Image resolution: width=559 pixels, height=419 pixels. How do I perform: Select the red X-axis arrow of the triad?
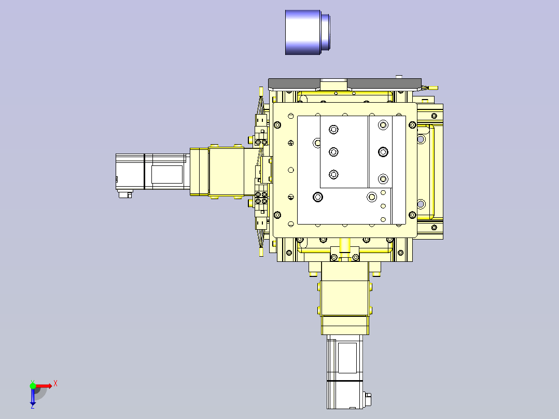coord(45,385)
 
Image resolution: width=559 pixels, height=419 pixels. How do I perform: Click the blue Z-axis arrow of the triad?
coord(33,397)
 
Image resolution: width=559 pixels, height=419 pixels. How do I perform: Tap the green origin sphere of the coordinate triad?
coord(33,385)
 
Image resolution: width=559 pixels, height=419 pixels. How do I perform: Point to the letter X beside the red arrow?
coord(55,384)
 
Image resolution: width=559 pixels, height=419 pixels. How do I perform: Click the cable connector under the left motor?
coord(125,194)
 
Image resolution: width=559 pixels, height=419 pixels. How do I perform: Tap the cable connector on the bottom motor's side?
coord(368,399)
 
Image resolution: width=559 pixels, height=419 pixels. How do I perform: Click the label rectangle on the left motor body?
coord(166,174)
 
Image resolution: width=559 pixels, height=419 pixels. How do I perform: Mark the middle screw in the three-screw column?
coord(333,151)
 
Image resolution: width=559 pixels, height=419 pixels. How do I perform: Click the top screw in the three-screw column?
coord(333,129)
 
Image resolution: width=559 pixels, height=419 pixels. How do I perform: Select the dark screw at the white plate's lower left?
coord(317,197)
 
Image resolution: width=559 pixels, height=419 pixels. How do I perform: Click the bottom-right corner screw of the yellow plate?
coord(412,215)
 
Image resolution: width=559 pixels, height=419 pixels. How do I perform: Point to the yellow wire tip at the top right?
coord(434,88)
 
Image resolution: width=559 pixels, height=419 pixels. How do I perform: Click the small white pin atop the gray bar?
coord(399,77)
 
